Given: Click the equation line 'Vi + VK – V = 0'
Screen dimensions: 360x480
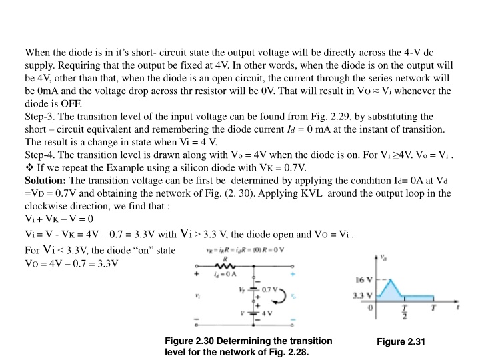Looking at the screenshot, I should (x=59, y=218).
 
